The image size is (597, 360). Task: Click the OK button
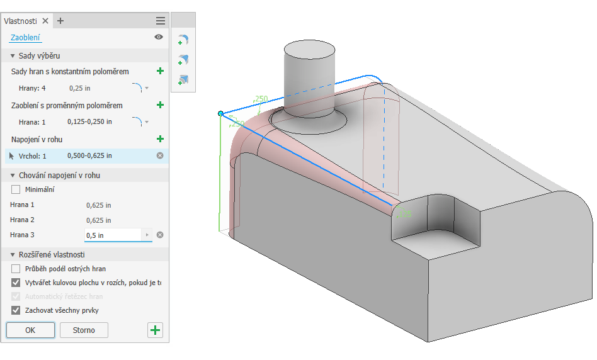click(30, 330)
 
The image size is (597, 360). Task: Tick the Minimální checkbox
click(16, 189)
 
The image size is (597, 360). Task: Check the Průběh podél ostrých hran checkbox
click(16, 269)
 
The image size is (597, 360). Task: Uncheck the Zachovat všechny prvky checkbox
click(16, 310)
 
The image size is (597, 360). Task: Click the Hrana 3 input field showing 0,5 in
click(113, 235)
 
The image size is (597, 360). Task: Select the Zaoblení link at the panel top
click(25, 38)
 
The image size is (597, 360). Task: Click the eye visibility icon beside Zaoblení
click(159, 37)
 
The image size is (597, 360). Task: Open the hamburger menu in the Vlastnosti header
click(161, 21)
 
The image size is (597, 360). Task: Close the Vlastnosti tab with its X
click(45, 21)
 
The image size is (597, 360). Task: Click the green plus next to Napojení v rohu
click(160, 139)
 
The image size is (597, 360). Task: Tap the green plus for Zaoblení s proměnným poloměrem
click(160, 105)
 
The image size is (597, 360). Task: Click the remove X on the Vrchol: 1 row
click(160, 155)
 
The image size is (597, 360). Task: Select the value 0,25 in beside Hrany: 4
click(80, 88)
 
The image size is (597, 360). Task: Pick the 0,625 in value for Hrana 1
click(98, 205)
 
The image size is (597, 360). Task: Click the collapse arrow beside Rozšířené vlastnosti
click(13, 255)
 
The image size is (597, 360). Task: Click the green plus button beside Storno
click(155, 330)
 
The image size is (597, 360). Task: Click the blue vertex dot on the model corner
click(220, 113)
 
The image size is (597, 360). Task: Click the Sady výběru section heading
click(39, 56)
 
